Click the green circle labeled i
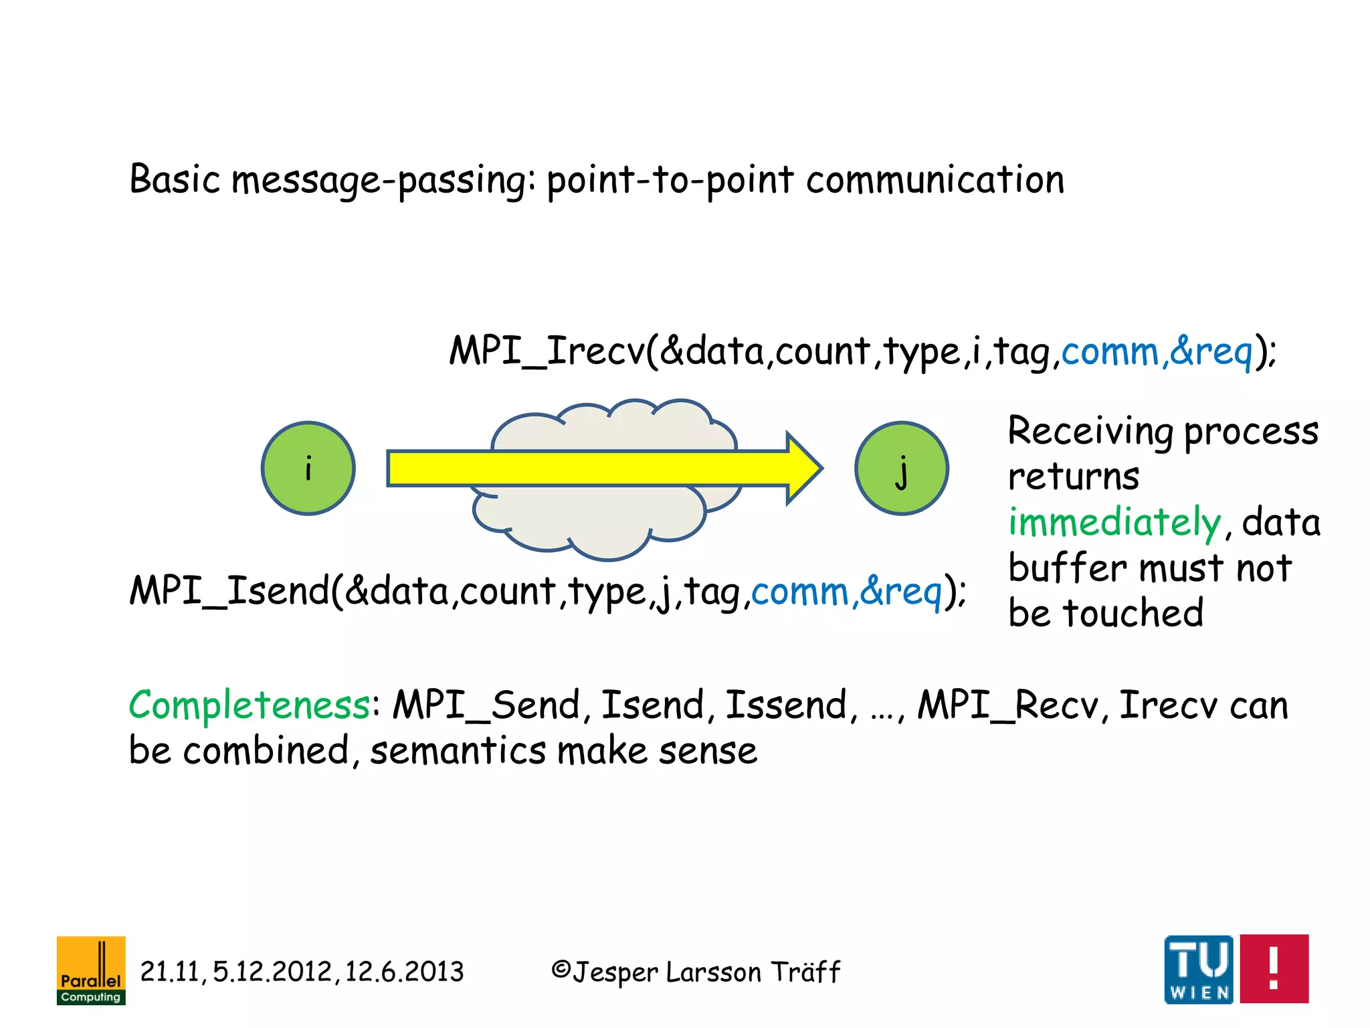308,468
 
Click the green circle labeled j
901,468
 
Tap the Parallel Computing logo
91,970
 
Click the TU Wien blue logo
1199,968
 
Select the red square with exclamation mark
1274,968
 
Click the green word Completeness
250,705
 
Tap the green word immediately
1114,522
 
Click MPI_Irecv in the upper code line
546,351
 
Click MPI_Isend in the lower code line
229,591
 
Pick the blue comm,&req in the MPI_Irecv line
1157,351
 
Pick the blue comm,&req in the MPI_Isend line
846,591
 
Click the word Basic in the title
175,179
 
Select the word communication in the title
935,179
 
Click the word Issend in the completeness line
787,705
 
